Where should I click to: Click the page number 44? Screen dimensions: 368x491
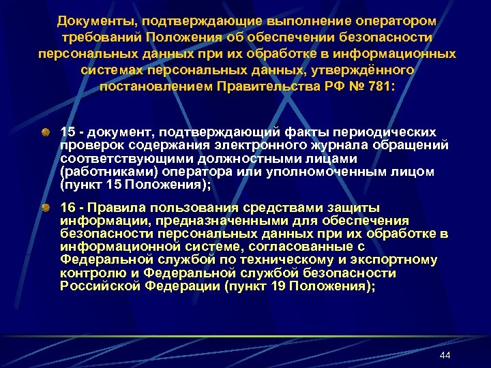click(x=445, y=356)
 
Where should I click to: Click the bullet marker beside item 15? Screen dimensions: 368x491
click(x=44, y=130)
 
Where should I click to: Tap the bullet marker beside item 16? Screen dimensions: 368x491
click(x=44, y=206)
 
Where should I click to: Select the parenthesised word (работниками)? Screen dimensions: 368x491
click(x=102, y=172)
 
